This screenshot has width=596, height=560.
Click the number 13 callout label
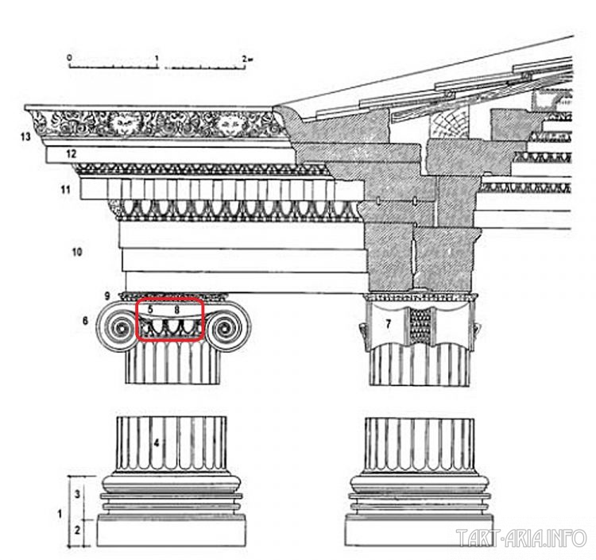[25, 137]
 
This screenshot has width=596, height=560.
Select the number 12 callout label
[71, 153]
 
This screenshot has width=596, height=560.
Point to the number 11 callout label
[65, 190]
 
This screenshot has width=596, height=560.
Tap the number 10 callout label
[77, 253]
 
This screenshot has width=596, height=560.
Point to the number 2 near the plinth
[77, 528]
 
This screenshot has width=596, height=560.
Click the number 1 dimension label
[61, 512]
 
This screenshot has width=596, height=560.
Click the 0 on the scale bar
[69, 58]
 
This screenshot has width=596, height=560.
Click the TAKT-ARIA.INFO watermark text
[522, 539]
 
